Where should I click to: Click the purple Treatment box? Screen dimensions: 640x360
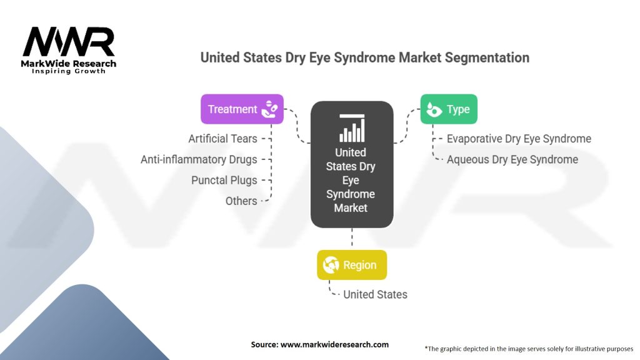[x=242, y=109]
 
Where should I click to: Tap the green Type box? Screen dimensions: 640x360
[x=449, y=109]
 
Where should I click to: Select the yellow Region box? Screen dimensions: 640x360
[x=352, y=265]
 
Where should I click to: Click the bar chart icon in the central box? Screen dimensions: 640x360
[x=352, y=127]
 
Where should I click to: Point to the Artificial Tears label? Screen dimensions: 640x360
[x=223, y=139]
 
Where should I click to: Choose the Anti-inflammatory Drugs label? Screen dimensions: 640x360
[x=199, y=159]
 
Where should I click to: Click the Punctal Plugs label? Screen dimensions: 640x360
[x=224, y=181]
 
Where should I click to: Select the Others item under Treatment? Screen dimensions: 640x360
[x=241, y=201]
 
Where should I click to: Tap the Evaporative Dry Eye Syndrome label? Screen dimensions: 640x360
[x=519, y=139]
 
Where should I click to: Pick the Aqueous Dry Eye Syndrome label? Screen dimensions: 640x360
[x=512, y=159]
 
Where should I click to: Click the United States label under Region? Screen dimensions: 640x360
[x=375, y=295]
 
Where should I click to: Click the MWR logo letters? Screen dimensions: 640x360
[x=69, y=42]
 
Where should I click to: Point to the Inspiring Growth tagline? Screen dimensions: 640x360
[x=69, y=71]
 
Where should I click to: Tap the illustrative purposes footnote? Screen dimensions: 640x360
[x=529, y=349]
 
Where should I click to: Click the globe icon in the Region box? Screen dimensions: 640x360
[x=331, y=265]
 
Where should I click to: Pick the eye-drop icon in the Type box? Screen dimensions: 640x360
[x=434, y=109]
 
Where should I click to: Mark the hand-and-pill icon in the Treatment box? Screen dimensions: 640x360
[x=269, y=109]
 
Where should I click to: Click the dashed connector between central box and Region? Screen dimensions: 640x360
[x=352, y=237]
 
